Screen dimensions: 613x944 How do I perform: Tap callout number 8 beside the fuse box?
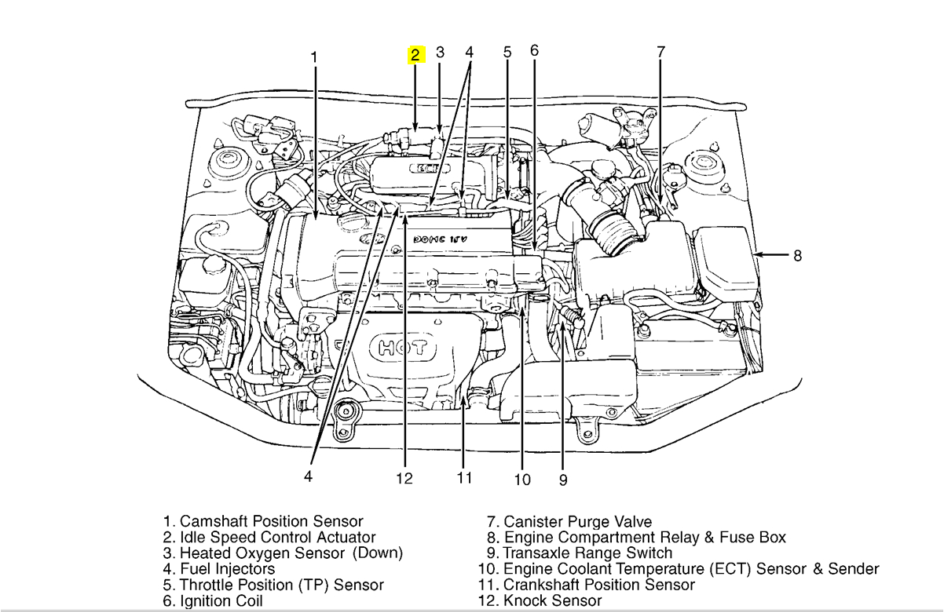point(797,255)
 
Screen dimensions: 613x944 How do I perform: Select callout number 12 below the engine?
point(404,478)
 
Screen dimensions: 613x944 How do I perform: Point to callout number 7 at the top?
point(660,53)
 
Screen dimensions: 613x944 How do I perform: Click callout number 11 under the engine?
point(464,477)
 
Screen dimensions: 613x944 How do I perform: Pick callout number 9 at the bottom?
point(563,480)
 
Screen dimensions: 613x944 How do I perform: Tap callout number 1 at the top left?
point(314,57)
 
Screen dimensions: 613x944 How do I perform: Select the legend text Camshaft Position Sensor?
point(272,521)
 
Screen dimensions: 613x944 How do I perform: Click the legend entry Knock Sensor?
point(552,601)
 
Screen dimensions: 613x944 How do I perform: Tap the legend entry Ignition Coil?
point(221,601)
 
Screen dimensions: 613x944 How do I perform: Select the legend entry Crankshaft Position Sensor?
point(599,585)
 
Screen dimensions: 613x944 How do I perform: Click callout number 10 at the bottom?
point(522,480)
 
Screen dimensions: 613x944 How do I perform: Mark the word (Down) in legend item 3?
point(377,553)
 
